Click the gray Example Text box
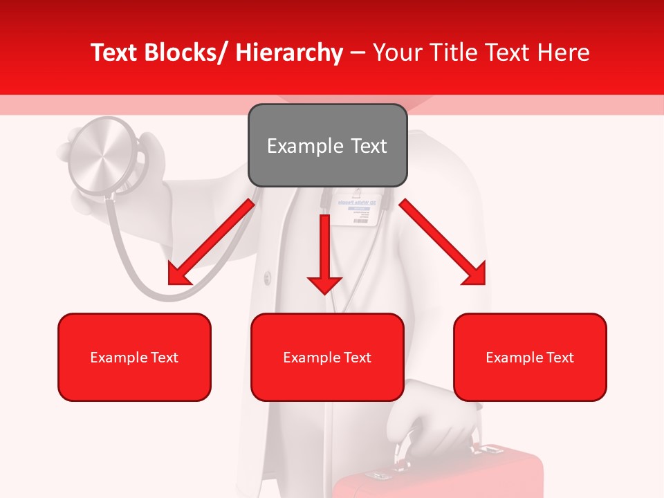327,145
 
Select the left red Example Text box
134,357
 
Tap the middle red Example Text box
327,357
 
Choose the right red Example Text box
530,357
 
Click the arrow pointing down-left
210,242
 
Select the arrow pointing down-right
443,242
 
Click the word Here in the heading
564,53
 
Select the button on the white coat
267,277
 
